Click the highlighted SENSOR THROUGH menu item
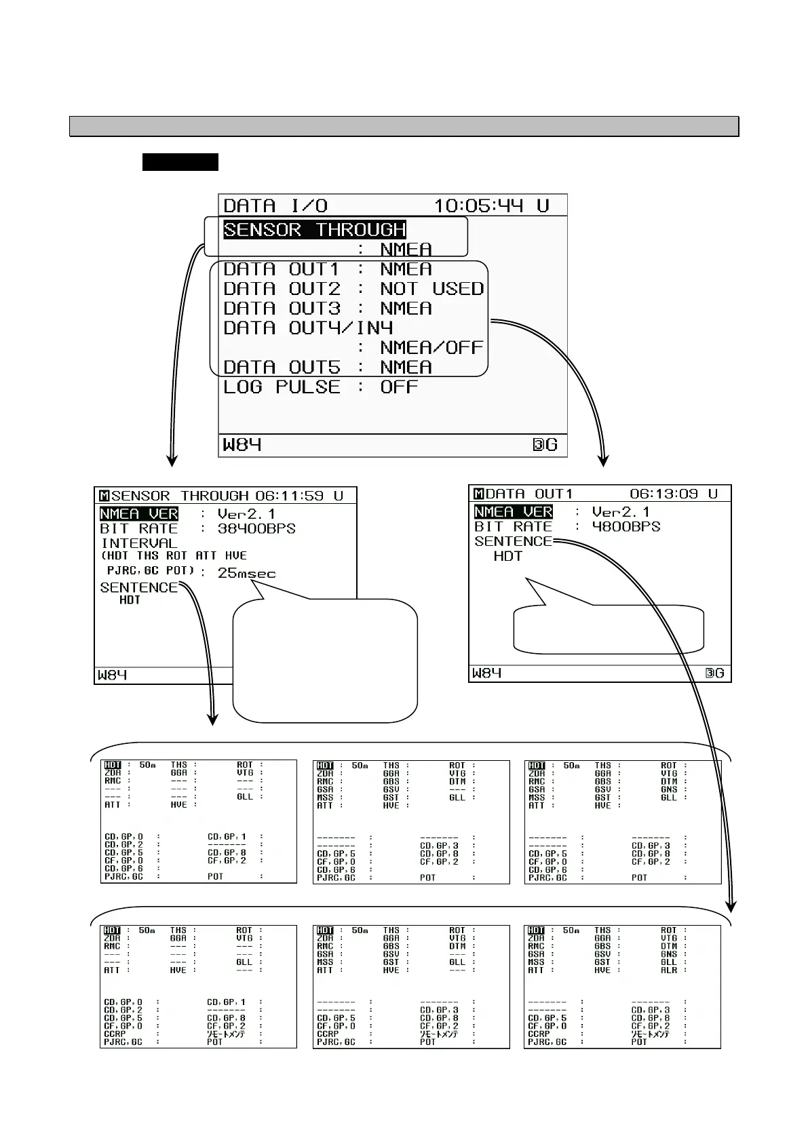(x=314, y=230)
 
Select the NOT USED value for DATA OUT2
(x=432, y=289)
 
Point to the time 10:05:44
(x=478, y=205)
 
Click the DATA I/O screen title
(x=275, y=205)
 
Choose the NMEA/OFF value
(x=431, y=348)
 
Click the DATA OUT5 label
(x=282, y=368)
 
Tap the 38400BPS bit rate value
(x=256, y=529)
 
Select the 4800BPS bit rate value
(x=626, y=527)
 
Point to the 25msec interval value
(x=246, y=574)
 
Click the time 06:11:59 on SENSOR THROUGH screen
(x=290, y=496)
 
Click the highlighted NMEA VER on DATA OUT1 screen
(x=514, y=512)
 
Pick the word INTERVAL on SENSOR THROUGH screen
(x=139, y=543)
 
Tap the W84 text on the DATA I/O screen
(x=242, y=445)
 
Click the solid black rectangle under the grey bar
(x=180, y=162)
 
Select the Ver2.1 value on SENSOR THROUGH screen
(x=246, y=514)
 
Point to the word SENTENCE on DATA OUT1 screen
(x=514, y=542)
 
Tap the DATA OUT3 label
(x=282, y=309)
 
